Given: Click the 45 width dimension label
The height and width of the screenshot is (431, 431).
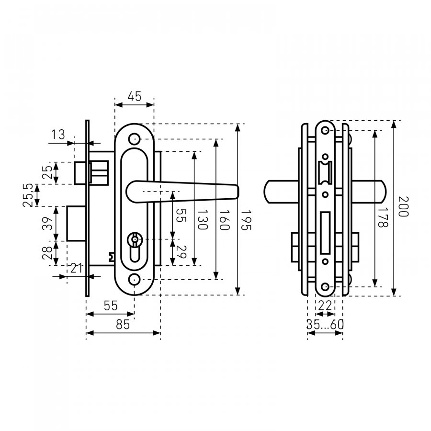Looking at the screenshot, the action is pos(135,96).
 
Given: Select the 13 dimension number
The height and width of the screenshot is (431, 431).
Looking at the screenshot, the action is pos(58,135).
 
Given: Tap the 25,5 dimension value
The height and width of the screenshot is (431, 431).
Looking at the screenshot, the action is pos(29,195).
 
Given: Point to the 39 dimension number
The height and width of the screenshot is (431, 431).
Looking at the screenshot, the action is pos(47,224).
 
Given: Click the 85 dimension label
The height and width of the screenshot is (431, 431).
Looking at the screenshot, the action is pos(123,325).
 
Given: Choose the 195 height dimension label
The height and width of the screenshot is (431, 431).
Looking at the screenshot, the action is pos(246,220).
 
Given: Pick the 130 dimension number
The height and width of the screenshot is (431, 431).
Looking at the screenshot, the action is pos(203,220).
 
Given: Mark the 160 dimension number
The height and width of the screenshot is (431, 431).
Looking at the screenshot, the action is pos(224,220).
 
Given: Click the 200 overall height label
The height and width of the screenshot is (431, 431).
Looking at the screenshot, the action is pos(403,206).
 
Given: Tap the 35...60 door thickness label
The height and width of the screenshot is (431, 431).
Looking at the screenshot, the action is pos(325,325).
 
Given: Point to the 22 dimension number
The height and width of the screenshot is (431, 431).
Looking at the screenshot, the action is pos(325,306).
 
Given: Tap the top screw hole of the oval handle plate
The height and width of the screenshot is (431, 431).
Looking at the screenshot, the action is pos(135,139).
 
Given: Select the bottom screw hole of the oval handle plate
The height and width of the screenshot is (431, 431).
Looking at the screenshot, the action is pos(135,279).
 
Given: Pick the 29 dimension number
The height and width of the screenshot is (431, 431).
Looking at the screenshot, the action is pos(181,252).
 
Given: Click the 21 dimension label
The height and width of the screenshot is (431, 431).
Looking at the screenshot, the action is pos(77,268).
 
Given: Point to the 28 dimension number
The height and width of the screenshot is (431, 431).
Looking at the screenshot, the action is pos(47,253).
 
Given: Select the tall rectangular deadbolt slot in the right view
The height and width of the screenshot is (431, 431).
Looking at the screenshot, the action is pos(325,233).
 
